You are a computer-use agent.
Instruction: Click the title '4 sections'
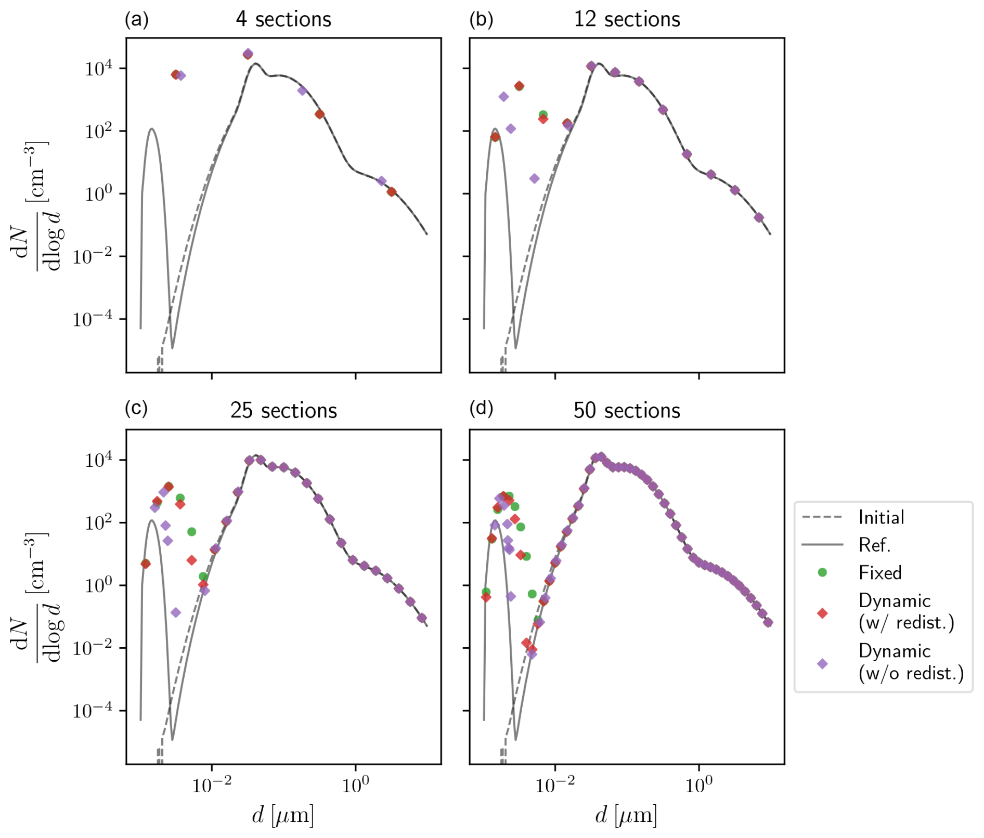click(x=283, y=19)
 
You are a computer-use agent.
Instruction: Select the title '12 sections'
click(x=627, y=19)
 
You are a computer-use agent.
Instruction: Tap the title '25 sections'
click(x=283, y=411)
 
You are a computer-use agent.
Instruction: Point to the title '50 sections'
click(x=627, y=411)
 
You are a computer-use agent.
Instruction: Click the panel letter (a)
click(x=137, y=19)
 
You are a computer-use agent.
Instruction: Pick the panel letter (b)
click(x=481, y=19)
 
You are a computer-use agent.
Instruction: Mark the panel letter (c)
click(x=136, y=409)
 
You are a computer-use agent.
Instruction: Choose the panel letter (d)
click(x=481, y=409)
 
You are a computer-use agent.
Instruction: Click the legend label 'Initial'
click(x=882, y=517)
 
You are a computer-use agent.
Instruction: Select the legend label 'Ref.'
click(x=875, y=545)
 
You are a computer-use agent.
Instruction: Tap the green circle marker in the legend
click(x=822, y=572)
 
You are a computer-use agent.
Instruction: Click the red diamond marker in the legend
click(x=822, y=613)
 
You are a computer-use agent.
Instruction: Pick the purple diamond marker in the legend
click(x=822, y=664)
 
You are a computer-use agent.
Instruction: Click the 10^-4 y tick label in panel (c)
click(x=92, y=711)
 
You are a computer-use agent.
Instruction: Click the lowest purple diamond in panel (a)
click(x=381, y=181)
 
